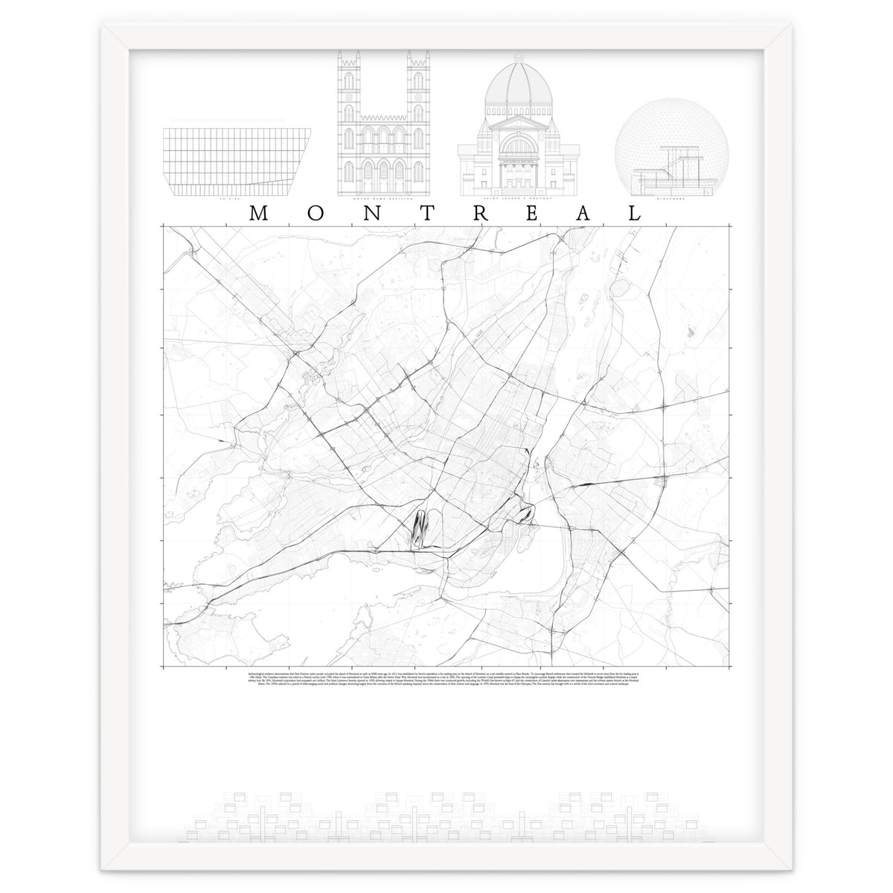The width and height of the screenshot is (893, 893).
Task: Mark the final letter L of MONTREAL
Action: (x=635, y=213)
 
